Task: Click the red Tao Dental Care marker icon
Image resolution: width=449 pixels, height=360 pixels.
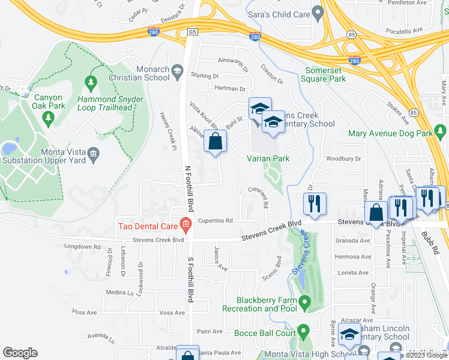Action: click(x=185, y=226)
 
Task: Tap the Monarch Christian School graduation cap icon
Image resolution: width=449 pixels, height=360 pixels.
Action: click(x=178, y=73)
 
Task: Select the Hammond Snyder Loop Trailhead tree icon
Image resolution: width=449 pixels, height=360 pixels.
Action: click(x=91, y=82)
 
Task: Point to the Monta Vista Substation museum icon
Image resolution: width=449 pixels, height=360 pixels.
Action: click(x=93, y=156)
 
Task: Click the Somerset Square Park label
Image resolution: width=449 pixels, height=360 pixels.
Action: click(x=324, y=74)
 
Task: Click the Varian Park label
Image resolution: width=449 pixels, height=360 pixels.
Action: click(x=269, y=158)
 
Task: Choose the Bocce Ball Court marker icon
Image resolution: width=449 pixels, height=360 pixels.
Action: click(x=304, y=331)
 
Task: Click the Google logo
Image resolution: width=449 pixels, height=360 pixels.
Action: click(x=20, y=353)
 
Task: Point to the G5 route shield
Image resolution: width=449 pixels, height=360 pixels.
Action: click(x=191, y=31)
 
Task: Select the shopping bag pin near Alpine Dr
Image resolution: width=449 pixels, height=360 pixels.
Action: click(x=215, y=143)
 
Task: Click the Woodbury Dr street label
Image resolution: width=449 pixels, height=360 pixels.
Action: click(x=343, y=159)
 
